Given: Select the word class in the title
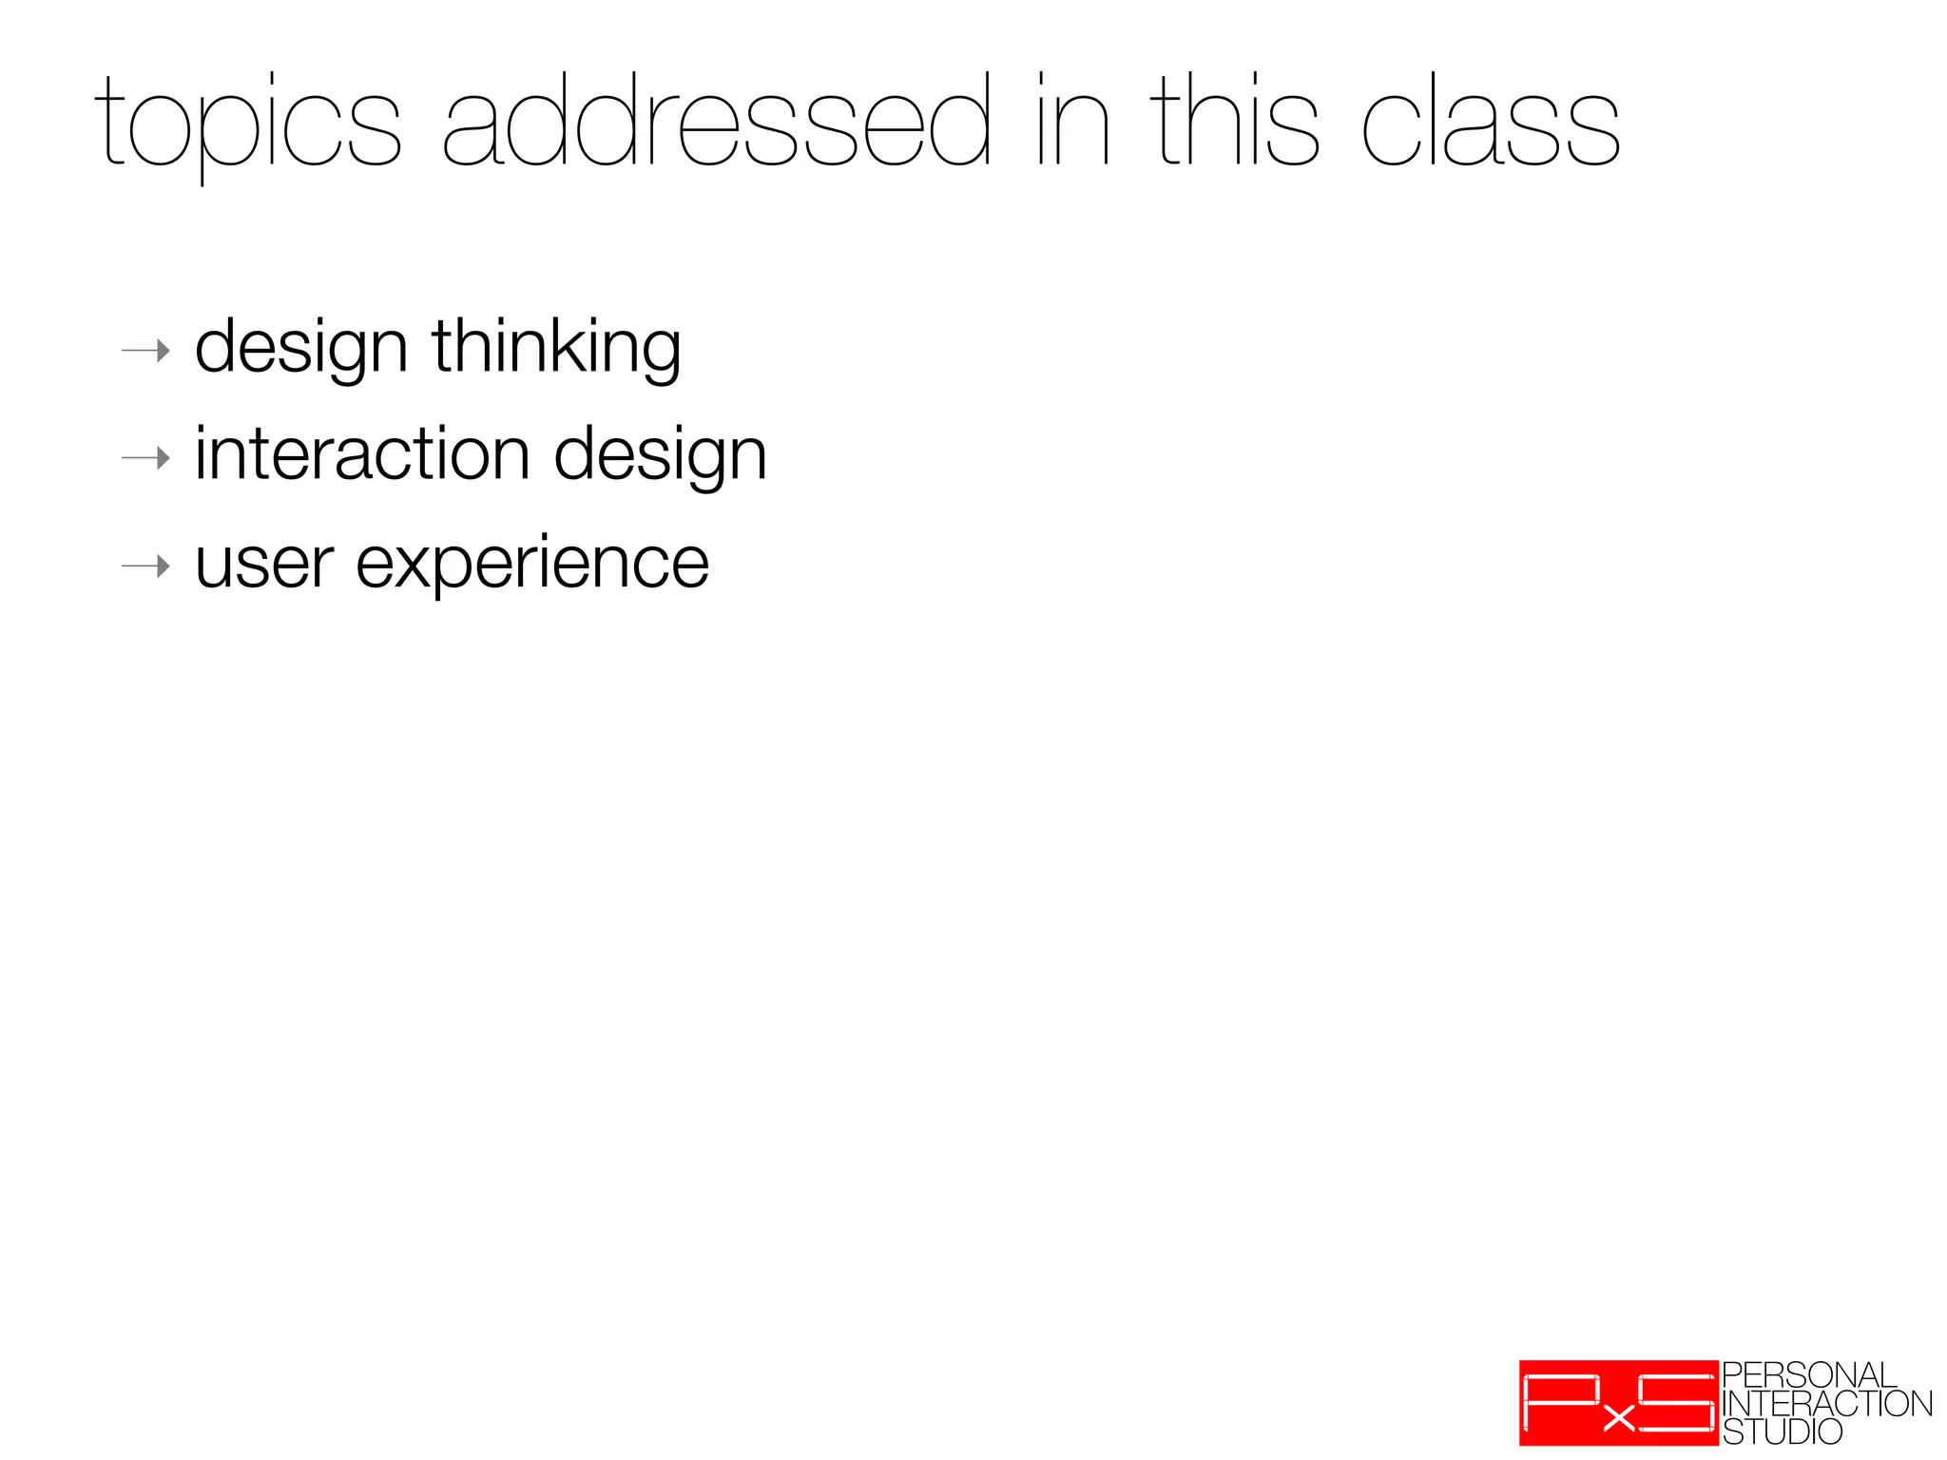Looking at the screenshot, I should tap(1490, 124).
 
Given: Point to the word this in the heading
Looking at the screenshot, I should tap(1234, 124).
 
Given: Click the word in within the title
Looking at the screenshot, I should tap(1072, 124).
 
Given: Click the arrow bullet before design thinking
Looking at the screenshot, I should tap(145, 352).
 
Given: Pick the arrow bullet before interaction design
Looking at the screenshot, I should tap(145, 459).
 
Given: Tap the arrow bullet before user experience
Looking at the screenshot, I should tap(145, 567).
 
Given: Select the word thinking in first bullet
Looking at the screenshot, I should tap(556, 348).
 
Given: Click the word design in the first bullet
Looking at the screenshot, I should tap(301, 350).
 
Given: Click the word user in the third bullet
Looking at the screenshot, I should tap(264, 565).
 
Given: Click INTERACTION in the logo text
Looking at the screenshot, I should tap(1826, 1404).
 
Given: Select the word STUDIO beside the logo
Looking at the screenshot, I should tap(1782, 1431).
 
